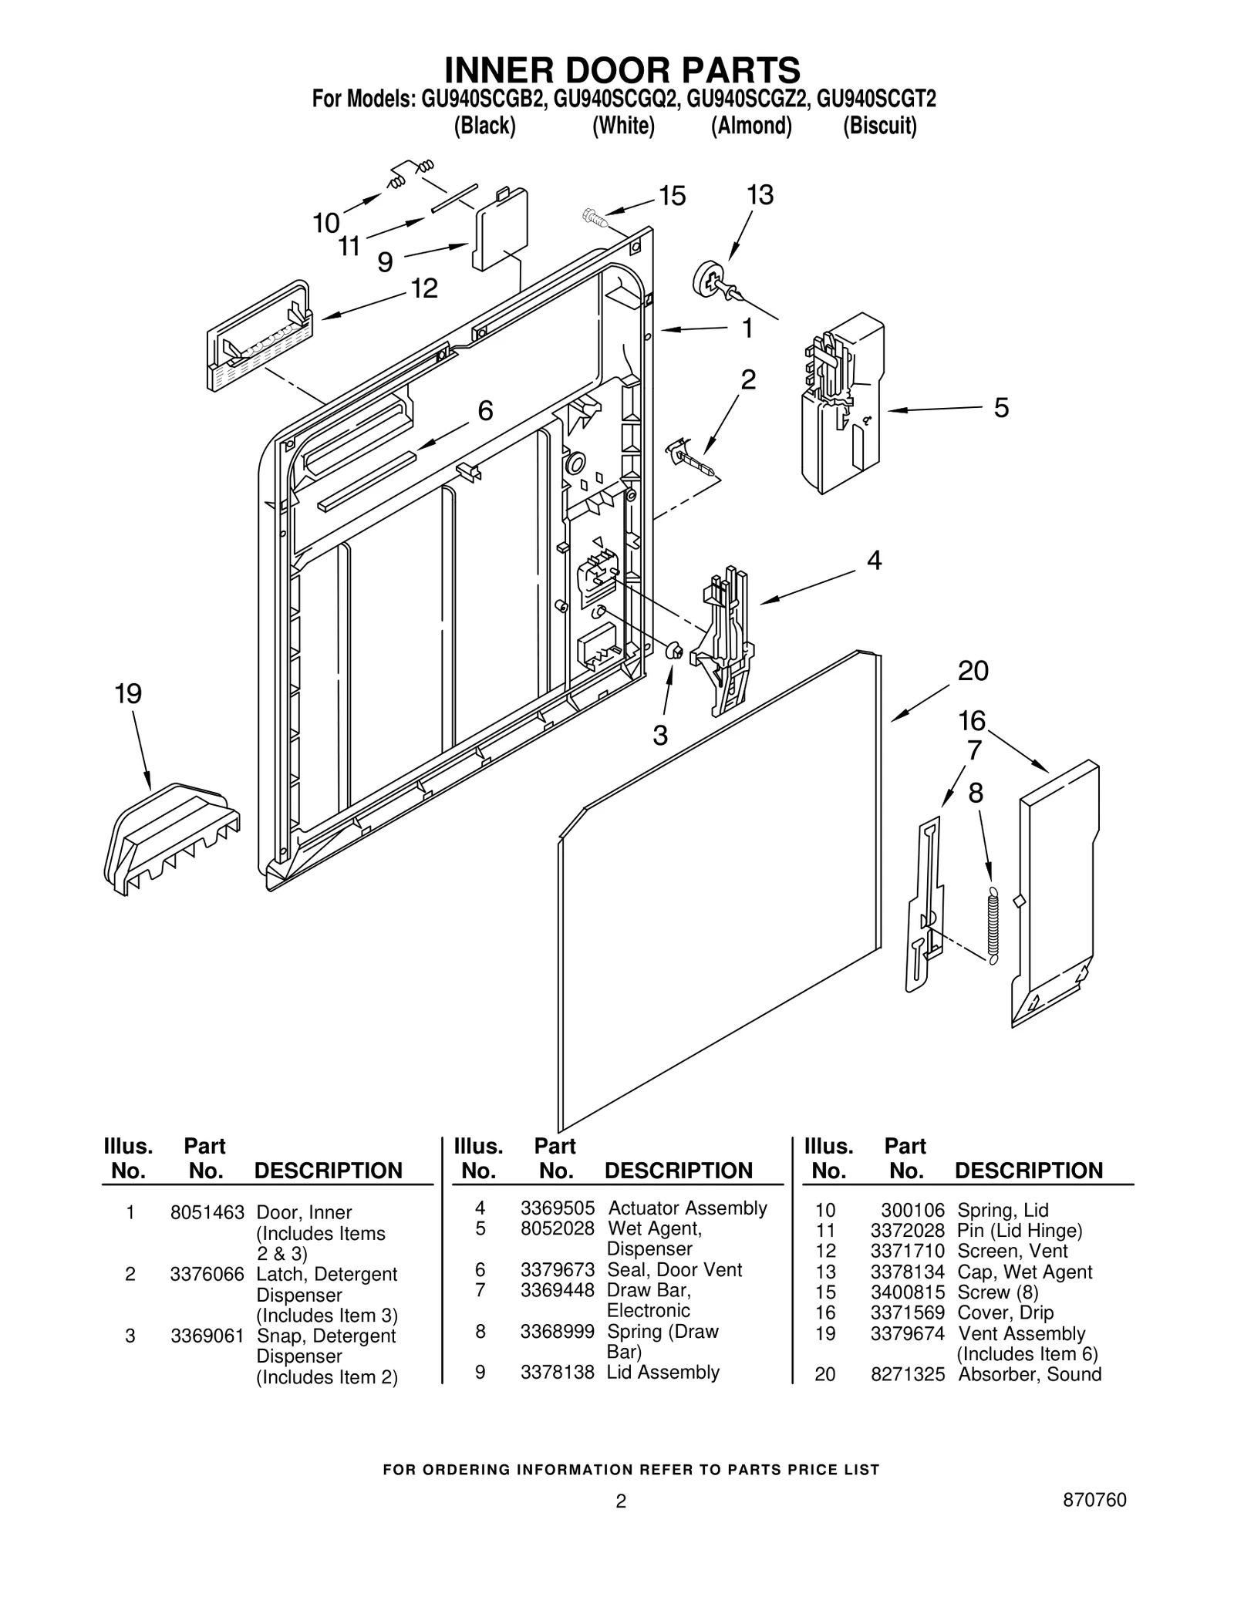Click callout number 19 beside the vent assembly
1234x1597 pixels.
click(128, 694)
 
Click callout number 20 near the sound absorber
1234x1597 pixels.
click(973, 671)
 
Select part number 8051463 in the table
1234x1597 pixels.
click(207, 1213)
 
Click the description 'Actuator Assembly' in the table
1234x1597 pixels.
click(687, 1208)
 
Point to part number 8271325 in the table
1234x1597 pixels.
click(907, 1374)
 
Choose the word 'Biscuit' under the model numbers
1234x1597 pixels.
click(879, 126)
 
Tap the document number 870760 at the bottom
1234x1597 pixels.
click(1094, 1500)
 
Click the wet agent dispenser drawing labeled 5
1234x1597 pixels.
click(841, 409)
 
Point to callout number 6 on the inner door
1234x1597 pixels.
click(485, 411)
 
